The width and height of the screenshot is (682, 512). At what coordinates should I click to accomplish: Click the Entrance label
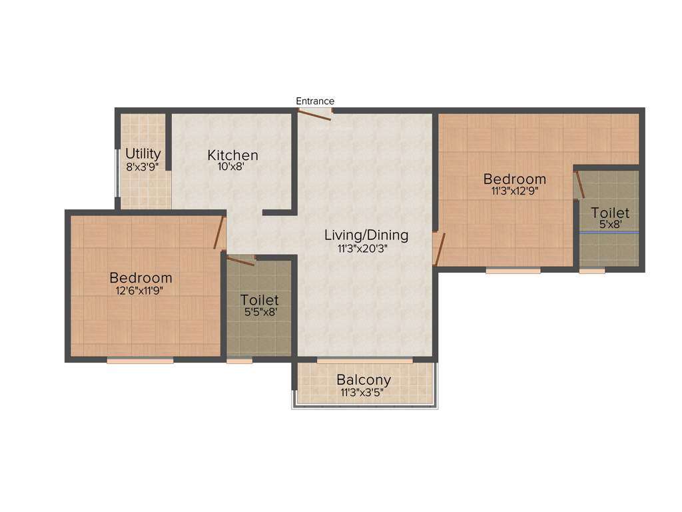pos(315,101)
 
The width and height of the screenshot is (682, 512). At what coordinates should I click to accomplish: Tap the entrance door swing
pos(314,115)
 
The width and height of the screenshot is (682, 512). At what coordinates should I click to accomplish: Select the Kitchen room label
pos(232,155)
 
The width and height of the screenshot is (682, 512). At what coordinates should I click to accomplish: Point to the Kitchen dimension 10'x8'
pos(231,167)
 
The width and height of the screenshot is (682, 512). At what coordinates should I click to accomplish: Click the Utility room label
pos(143,154)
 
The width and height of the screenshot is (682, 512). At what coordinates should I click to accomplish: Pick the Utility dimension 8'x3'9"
pos(143,167)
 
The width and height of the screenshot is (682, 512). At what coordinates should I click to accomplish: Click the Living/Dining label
pos(366,235)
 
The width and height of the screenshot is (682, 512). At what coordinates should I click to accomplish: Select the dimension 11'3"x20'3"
pos(366,249)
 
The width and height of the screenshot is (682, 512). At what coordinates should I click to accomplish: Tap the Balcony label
pos(364,380)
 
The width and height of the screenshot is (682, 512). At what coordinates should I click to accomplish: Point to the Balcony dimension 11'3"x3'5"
pos(364,393)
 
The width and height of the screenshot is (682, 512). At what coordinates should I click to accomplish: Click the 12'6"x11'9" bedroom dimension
pos(141,291)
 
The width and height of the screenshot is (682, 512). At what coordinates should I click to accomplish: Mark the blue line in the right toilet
pos(609,232)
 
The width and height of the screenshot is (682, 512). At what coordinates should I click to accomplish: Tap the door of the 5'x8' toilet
pos(579,185)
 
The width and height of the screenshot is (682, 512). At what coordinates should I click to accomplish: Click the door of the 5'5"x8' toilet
pos(240,260)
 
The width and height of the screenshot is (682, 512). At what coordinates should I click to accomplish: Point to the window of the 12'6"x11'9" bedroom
pos(140,361)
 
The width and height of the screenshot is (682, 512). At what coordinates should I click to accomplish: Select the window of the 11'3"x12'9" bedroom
pos(513,271)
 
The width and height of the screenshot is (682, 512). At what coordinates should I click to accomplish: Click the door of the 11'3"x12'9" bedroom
pos(439,249)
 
